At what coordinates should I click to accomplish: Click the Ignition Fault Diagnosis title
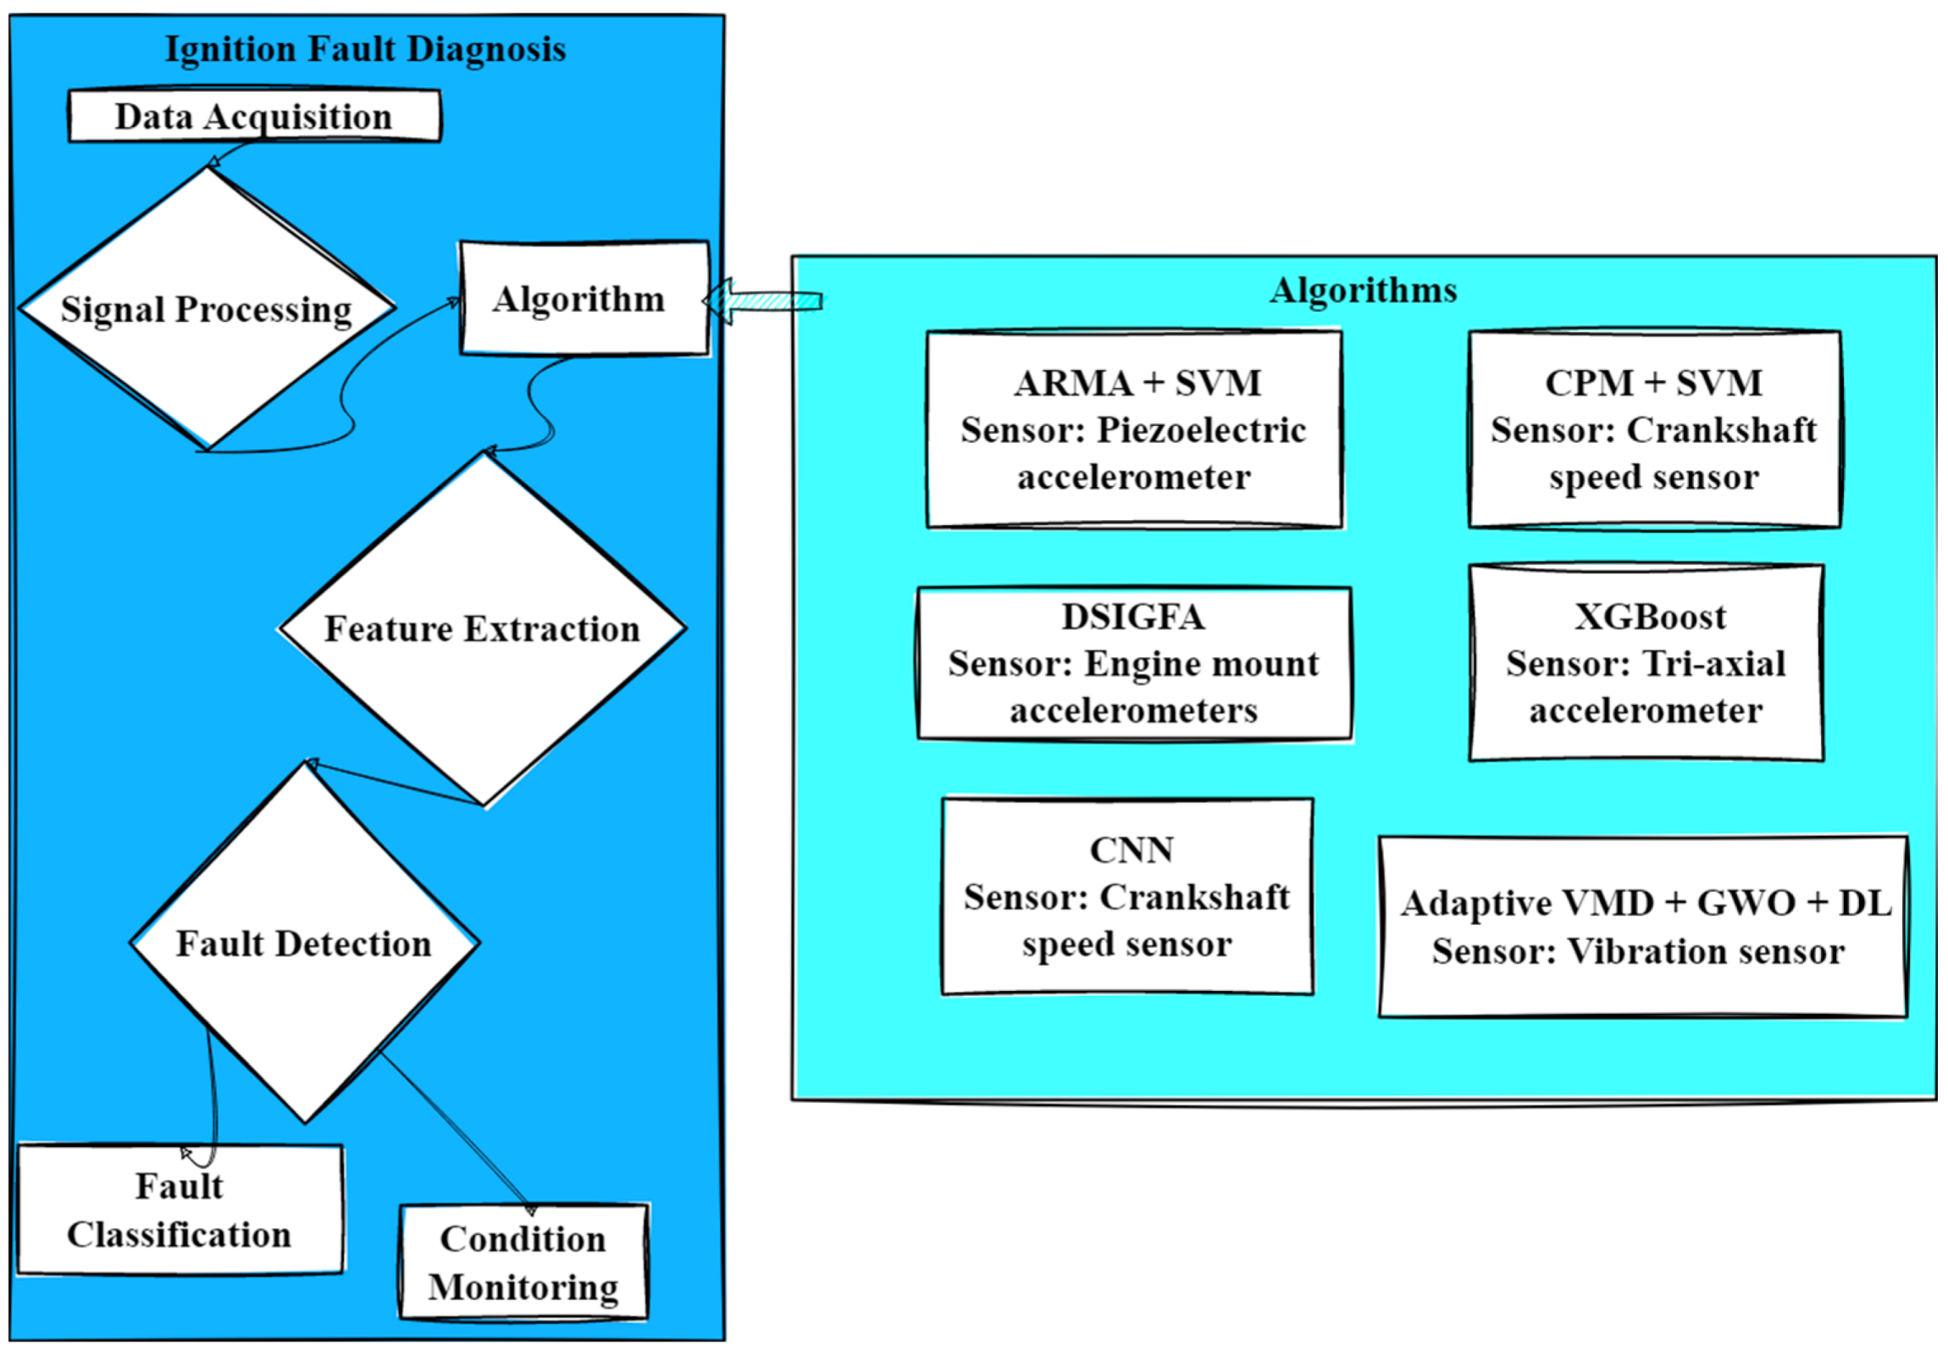365,49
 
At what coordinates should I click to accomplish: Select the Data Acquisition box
254,116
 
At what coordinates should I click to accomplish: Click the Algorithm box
583,299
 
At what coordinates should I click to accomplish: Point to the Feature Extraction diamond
482,628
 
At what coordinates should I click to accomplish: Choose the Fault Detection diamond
304,944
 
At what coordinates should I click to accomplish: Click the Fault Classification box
180,1210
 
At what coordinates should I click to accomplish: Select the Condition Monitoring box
523,1262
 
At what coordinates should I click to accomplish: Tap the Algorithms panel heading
1363,291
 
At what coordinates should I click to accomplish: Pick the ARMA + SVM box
1134,429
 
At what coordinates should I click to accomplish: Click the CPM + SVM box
1653,429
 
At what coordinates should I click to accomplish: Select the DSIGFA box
1134,663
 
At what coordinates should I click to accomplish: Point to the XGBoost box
1646,663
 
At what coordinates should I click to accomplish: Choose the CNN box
1127,897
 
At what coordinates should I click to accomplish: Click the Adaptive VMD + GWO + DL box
1642,927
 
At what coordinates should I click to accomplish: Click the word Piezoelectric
1201,430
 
